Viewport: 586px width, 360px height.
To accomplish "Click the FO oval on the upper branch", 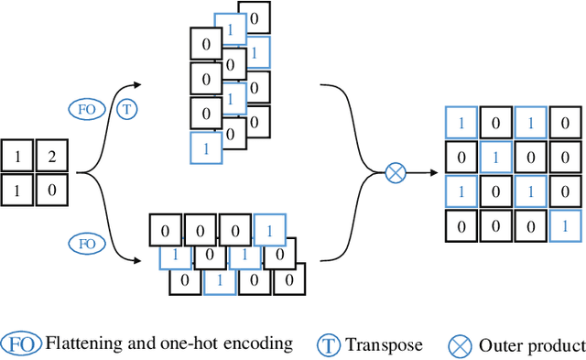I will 88,109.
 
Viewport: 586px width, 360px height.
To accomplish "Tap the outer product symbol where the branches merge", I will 396,172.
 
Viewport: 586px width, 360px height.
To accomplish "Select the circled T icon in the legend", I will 329,345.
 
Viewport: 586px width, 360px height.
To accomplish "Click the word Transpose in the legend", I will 384,345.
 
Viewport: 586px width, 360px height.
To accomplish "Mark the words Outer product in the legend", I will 531,345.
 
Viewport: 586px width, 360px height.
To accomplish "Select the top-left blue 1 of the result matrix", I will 461,123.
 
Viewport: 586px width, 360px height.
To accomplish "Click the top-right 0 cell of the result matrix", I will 565,123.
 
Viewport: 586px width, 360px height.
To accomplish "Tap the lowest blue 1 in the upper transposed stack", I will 206,147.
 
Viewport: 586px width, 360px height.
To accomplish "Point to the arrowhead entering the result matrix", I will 432,172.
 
